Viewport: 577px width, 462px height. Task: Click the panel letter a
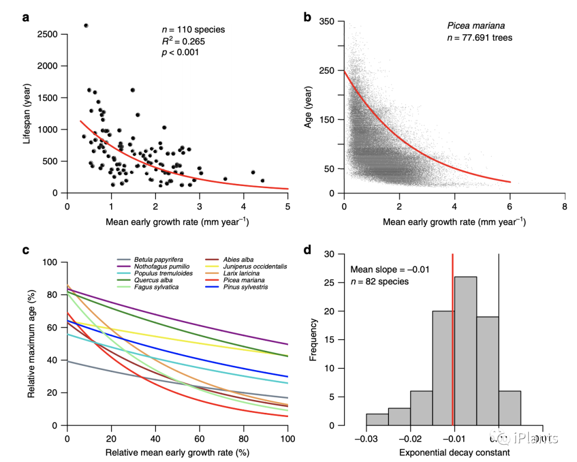26,17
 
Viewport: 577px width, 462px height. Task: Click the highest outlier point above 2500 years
86,26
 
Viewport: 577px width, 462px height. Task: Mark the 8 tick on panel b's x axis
565,206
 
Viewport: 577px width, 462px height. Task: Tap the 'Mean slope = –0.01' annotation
389,269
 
